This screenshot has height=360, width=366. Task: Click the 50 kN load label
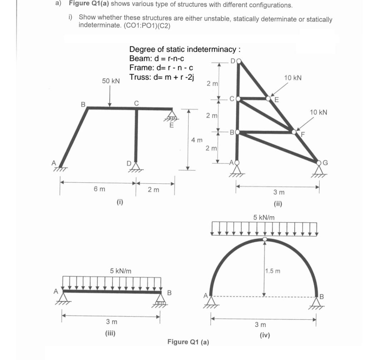tap(111, 81)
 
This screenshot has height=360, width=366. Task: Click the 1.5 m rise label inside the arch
tap(273, 271)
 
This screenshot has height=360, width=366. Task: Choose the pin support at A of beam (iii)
tap(64, 296)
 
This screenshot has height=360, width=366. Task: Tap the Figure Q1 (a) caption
tap(188, 342)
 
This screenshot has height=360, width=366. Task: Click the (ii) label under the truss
tap(278, 204)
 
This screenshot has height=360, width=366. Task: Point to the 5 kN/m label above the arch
tap(264, 217)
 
